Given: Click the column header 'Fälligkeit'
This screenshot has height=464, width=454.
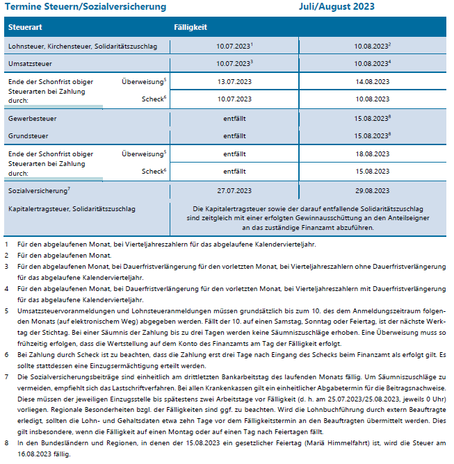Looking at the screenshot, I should [190, 27].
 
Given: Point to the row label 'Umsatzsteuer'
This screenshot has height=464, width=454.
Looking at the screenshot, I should [31, 63].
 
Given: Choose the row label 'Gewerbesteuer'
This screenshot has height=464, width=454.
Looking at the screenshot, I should [33, 119].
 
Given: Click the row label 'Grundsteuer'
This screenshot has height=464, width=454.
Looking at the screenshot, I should [29, 135].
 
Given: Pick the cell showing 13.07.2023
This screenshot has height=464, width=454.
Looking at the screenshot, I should [234, 82].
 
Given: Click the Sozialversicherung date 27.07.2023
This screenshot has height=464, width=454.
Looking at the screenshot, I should [234, 190].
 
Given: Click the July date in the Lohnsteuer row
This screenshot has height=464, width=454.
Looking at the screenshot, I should [234, 47].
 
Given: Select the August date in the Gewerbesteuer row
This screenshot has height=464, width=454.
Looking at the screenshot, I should [372, 119].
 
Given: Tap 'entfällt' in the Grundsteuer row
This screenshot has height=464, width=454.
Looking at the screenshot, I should [234, 135].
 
